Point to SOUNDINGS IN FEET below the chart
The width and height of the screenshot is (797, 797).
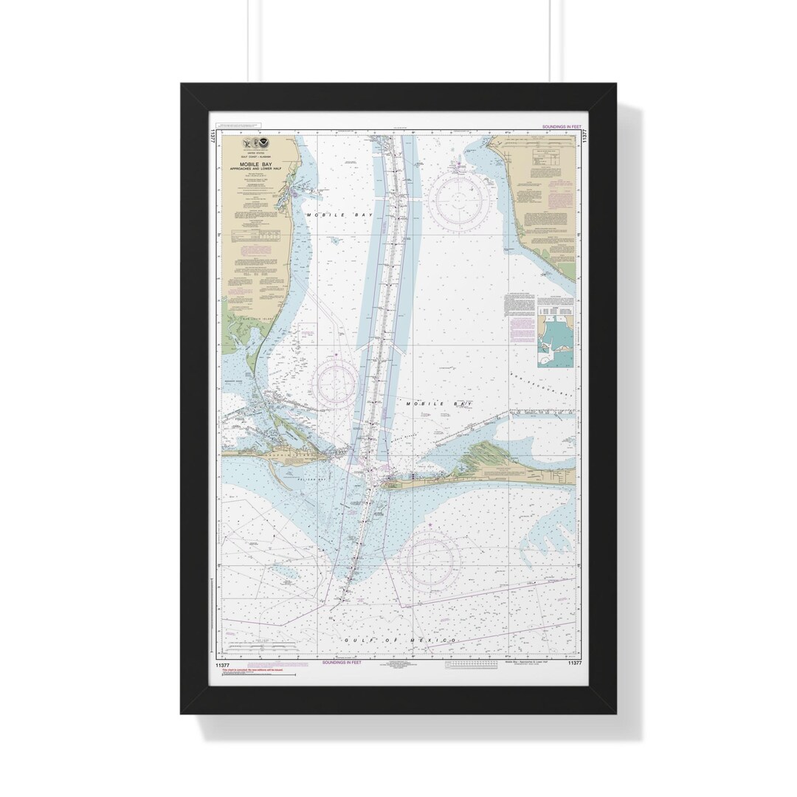342,663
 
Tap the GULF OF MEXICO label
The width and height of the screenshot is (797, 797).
400,640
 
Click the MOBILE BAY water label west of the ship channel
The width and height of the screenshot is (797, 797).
328,214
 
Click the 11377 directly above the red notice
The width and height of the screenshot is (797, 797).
223,663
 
